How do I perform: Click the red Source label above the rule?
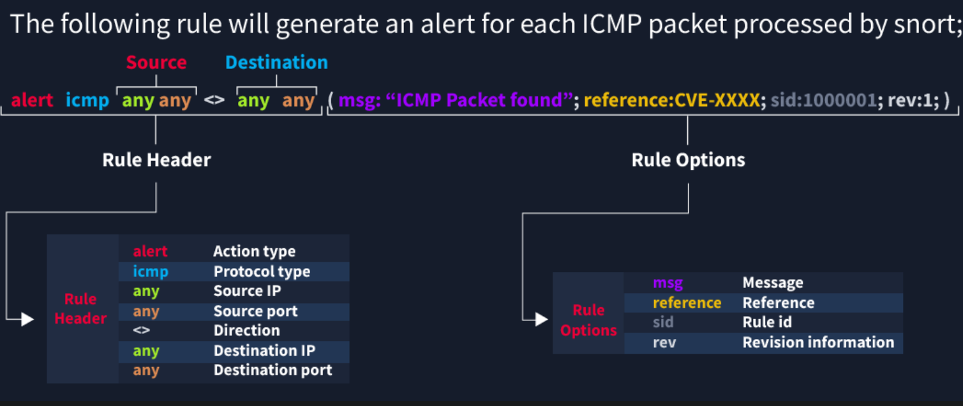[x=156, y=63]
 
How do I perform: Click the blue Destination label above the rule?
[x=276, y=63]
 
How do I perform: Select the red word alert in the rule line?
[x=32, y=101]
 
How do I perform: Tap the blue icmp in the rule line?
[x=87, y=101]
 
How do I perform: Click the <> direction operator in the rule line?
[x=214, y=101]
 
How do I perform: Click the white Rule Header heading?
[x=156, y=160]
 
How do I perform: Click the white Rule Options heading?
[x=688, y=160]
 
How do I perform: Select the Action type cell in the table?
[x=254, y=252]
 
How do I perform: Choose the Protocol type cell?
[x=262, y=272]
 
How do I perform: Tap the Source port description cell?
[x=255, y=312]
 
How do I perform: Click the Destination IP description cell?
[x=264, y=351]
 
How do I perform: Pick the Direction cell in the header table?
[x=246, y=331]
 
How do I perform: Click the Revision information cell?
[x=818, y=343]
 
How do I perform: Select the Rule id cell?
[x=767, y=322]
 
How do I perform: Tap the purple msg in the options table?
[x=668, y=283]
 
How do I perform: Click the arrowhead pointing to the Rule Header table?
[x=27, y=319]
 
